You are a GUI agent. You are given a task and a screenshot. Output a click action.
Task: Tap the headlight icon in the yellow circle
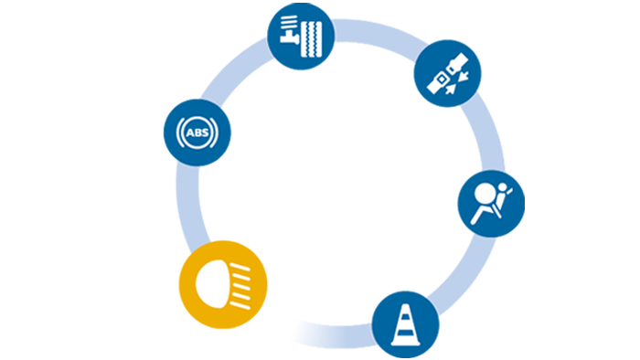point(223,282)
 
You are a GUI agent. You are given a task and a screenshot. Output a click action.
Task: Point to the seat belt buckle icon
point(445,78)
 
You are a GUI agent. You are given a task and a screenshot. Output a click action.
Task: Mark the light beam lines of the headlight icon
point(241,282)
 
